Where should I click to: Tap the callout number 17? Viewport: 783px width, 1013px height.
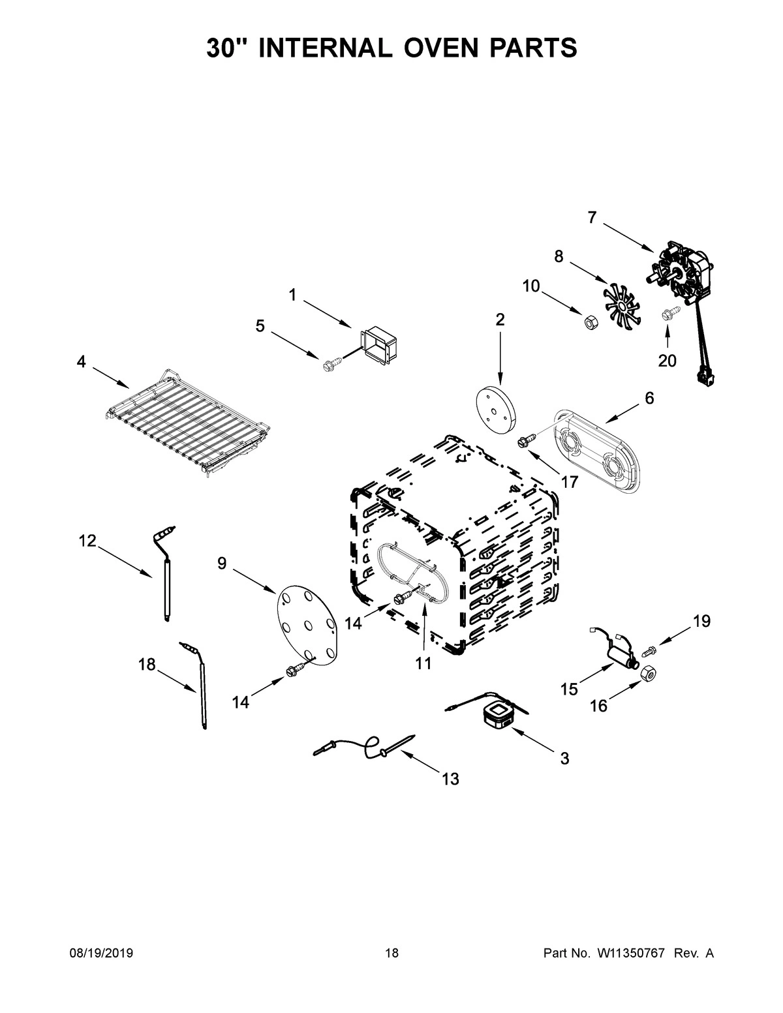pos(569,482)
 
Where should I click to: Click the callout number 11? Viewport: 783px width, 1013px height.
pos(423,663)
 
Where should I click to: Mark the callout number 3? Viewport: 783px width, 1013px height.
pos(564,758)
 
